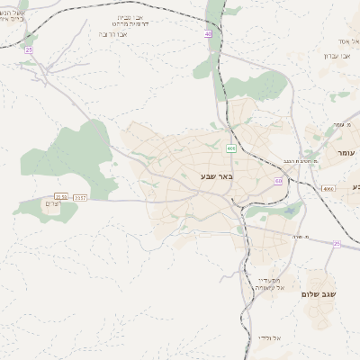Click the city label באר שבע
point(217,176)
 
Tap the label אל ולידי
point(268,337)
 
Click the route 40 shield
point(209,33)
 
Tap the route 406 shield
point(231,148)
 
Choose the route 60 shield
point(278,181)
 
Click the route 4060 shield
point(328,188)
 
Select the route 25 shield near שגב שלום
point(337,244)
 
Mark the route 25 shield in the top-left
point(28,49)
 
